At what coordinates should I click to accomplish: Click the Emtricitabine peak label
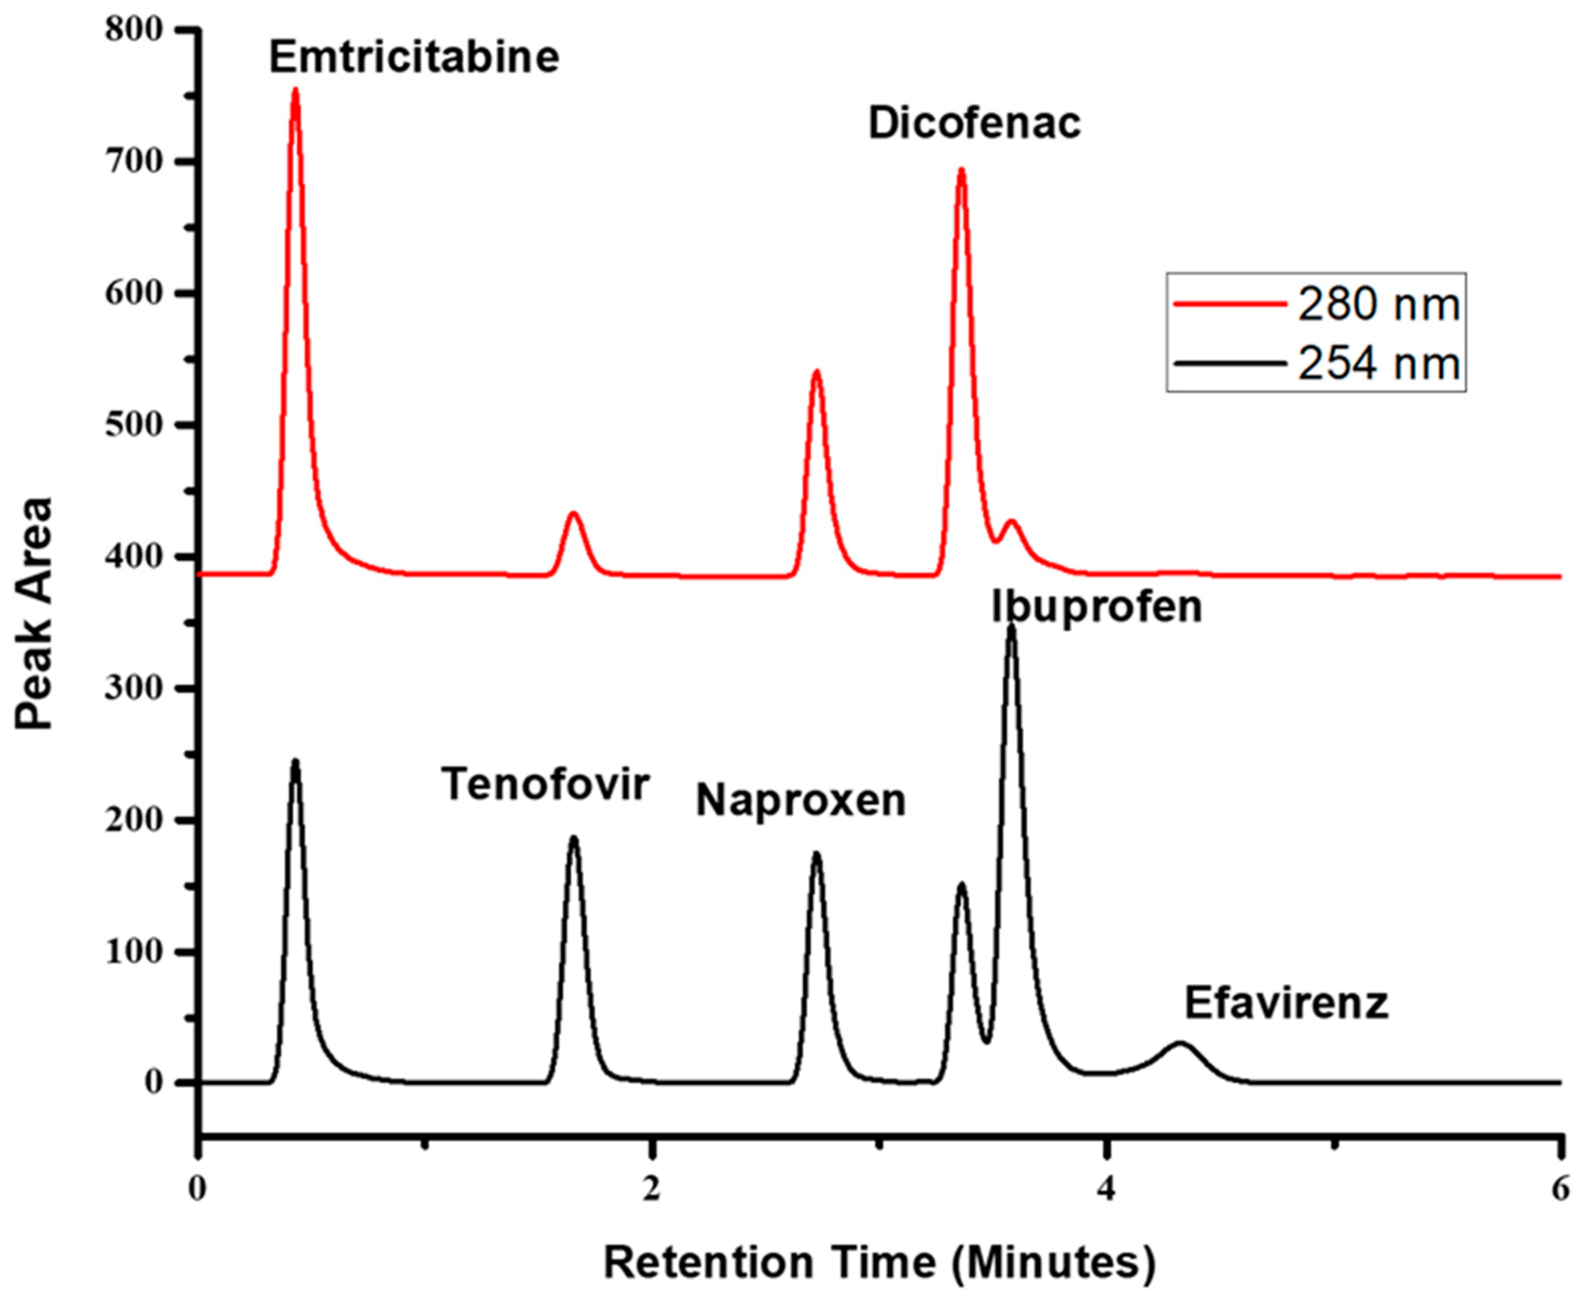point(414,58)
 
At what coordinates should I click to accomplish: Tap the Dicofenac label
point(974,124)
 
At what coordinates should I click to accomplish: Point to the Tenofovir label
point(544,784)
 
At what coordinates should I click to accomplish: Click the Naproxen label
point(801,801)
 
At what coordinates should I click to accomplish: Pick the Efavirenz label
point(1286,1003)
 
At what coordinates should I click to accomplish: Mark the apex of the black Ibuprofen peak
point(1011,626)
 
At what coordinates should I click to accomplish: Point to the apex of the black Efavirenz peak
point(1180,1043)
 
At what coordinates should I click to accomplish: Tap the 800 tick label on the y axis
point(134,30)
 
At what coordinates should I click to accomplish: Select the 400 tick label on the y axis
point(134,556)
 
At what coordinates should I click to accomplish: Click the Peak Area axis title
point(35,613)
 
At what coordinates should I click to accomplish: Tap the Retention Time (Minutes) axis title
point(879,1262)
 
